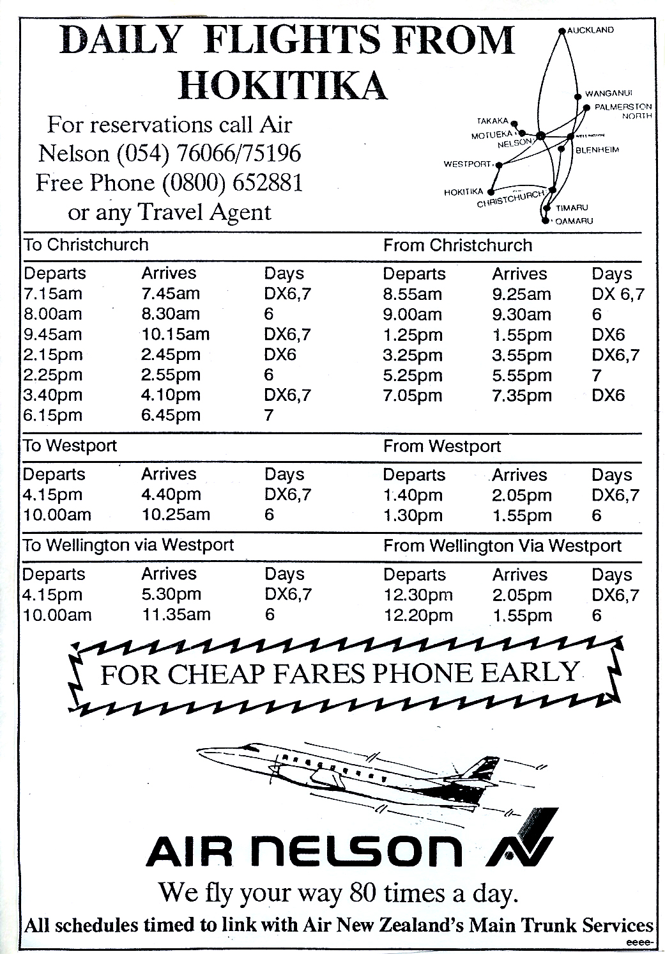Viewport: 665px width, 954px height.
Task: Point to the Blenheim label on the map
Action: pyautogui.click(x=597, y=150)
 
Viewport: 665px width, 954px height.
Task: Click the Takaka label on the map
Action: pyautogui.click(x=493, y=121)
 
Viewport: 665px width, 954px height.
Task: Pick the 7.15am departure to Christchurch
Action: pyautogui.click(x=53, y=293)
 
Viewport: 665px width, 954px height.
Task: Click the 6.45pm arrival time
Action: pyautogui.click(x=171, y=415)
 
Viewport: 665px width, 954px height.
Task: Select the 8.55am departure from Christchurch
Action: pyautogui.click(x=412, y=294)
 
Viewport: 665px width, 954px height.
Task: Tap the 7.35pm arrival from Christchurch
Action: pyautogui.click(x=521, y=396)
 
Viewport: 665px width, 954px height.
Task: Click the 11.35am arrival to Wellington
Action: pyautogui.click(x=176, y=614)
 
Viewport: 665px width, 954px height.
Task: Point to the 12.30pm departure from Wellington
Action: pyautogui.click(x=418, y=595)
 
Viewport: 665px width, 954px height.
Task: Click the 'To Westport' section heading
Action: pyautogui.click(x=70, y=445)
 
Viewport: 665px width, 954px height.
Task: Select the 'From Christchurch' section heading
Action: pyautogui.click(x=457, y=245)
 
